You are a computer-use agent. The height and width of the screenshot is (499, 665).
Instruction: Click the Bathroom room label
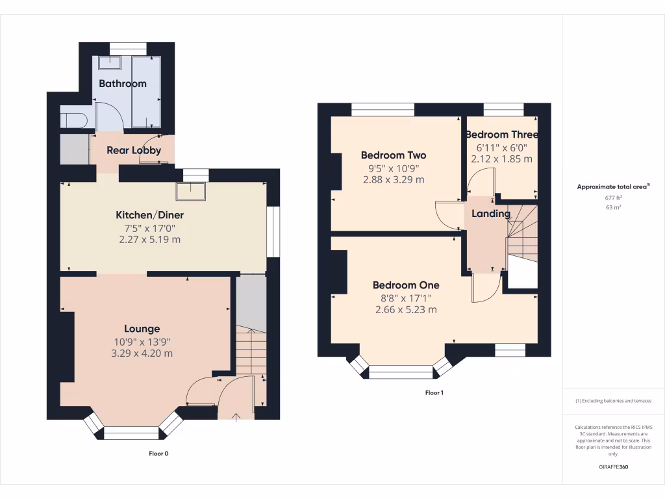coord(122,83)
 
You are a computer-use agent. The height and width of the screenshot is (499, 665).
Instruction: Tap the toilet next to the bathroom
coord(72,120)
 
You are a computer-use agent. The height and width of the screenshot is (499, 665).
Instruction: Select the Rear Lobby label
coord(134,150)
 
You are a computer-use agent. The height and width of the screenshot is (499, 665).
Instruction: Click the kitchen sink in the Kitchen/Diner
coord(192,189)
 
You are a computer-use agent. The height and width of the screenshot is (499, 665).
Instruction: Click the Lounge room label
coord(142,329)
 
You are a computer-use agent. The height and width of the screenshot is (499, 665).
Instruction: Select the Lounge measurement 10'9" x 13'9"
coord(142,342)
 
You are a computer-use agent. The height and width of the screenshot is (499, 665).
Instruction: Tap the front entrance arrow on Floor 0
coord(236,415)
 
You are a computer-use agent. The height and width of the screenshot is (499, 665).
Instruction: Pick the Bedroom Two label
coord(394,155)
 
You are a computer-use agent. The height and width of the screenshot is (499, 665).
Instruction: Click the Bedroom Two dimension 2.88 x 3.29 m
coord(394,179)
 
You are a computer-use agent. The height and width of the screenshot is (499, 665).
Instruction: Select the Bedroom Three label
coord(501,134)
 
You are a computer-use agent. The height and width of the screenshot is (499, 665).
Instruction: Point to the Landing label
coord(490,214)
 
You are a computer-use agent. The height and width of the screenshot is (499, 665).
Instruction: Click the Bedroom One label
coord(406,285)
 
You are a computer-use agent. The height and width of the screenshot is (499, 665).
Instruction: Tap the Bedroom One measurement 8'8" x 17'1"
coord(406,298)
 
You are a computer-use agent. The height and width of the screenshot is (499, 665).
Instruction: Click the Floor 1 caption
coord(434,392)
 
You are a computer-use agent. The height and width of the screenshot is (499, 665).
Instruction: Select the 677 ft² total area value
coord(614,198)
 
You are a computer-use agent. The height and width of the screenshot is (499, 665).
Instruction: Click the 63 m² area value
coord(614,208)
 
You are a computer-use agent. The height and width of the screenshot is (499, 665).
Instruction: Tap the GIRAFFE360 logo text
coord(614,467)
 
